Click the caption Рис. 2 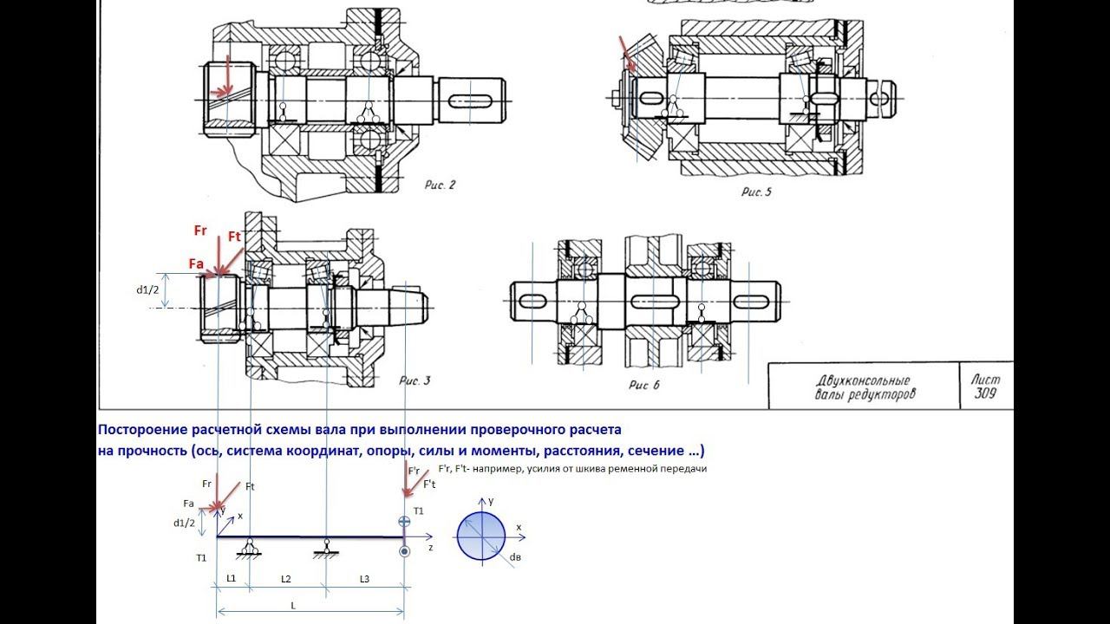pyautogui.click(x=440, y=184)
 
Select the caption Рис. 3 pyautogui.click(x=414, y=380)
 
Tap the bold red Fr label pyautogui.click(x=200, y=231)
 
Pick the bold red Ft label pyautogui.click(x=234, y=237)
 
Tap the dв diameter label pyautogui.click(x=514, y=557)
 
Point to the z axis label pyautogui.click(x=430, y=549)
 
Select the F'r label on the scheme pyautogui.click(x=415, y=470)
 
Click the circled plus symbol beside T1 pyautogui.click(x=403, y=522)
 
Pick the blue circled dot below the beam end pyautogui.click(x=404, y=550)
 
